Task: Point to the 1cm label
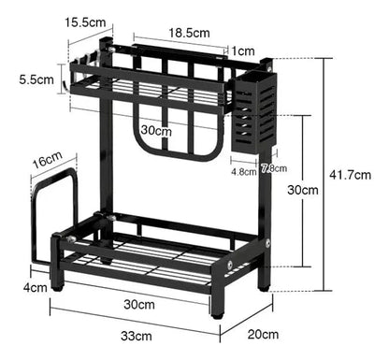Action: click(x=245, y=50)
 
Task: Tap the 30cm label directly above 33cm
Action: click(x=138, y=304)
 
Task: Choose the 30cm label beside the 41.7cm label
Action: click(x=302, y=190)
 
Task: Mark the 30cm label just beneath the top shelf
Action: click(x=158, y=131)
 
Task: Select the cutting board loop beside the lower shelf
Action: click(x=53, y=215)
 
